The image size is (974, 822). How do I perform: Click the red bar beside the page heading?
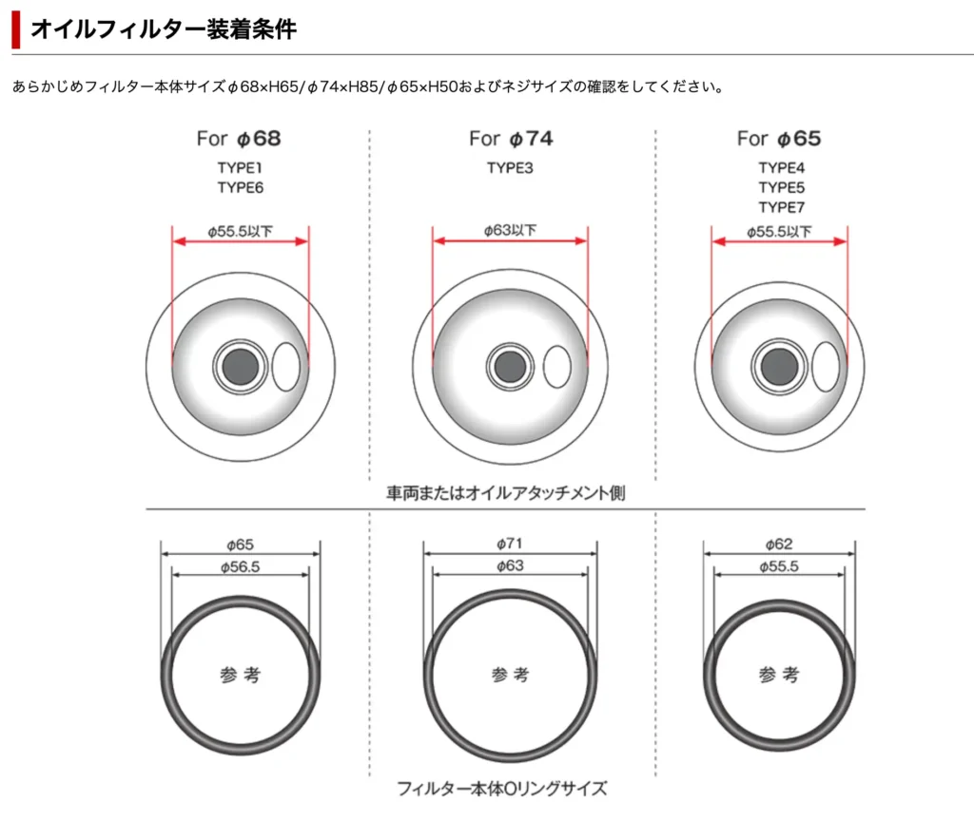tap(15, 29)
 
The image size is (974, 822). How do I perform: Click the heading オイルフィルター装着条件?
tap(163, 29)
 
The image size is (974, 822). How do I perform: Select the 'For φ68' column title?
tap(239, 139)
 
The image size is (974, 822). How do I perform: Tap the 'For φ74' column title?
tap(511, 139)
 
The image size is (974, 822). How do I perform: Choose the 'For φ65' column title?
tap(779, 139)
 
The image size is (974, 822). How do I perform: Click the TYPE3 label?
tap(511, 168)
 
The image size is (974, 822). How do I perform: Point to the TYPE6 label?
tap(240, 187)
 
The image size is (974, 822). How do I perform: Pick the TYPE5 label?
tap(781, 187)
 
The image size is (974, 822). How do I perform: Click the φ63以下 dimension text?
tap(511, 229)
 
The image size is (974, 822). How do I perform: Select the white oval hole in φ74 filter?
tap(557, 367)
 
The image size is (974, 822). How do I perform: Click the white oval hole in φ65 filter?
tap(826, 366)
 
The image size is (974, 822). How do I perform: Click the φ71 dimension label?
tap(511, 544)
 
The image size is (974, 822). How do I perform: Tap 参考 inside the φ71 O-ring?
tap(511, 675)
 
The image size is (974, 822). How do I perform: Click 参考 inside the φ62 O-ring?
tap(779, 675)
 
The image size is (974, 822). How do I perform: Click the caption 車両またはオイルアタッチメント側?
tap(505, 494)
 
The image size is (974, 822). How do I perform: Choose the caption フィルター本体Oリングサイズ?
tap(501, 788)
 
